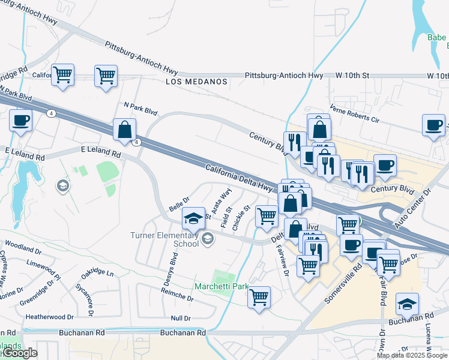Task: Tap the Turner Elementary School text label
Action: (164, 239)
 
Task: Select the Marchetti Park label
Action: (220, 287)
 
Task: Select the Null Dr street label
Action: (180, 318)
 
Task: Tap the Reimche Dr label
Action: (176, 294)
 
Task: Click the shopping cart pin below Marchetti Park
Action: (259, 297)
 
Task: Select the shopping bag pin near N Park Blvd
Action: (124, 129)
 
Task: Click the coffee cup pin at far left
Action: (20, 120)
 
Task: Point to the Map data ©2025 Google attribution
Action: (412, 355)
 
